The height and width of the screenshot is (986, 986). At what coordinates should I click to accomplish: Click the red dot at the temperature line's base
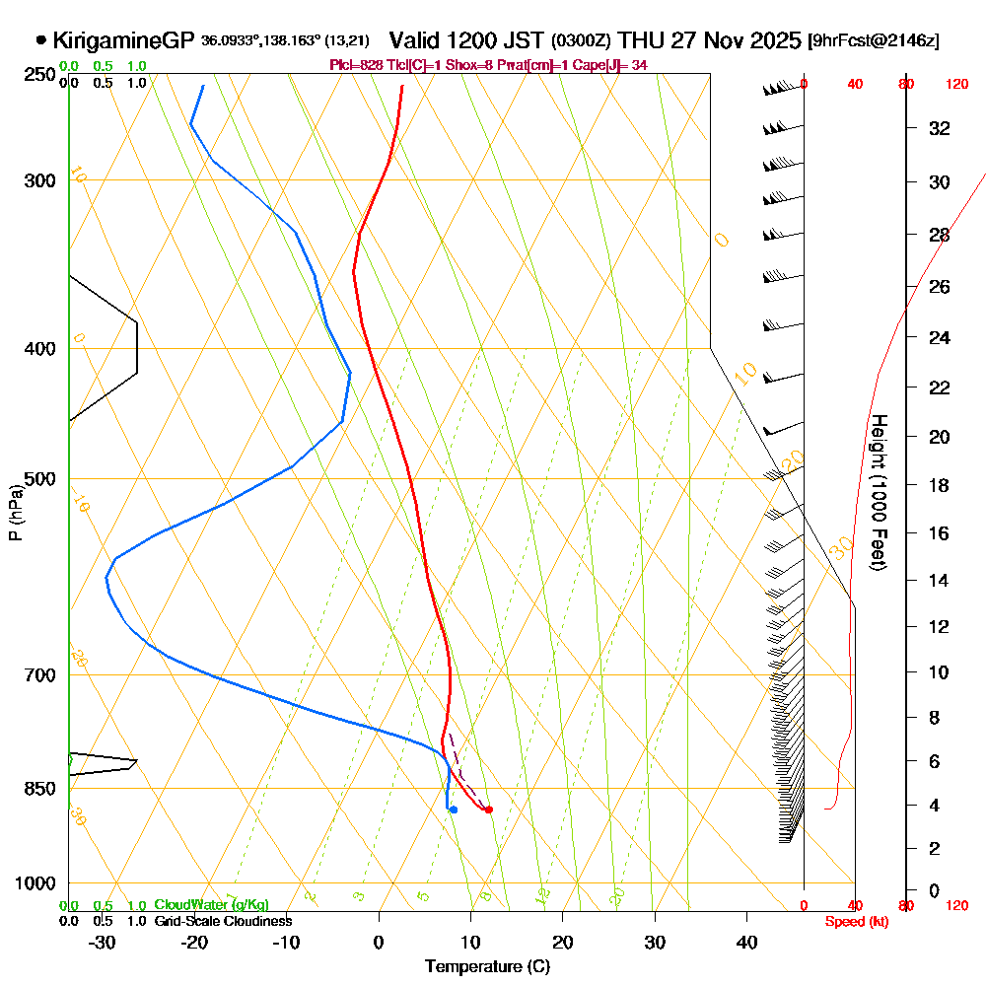[x=489, y=810]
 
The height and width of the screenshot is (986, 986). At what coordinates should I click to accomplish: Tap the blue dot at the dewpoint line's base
[x=453, y=810]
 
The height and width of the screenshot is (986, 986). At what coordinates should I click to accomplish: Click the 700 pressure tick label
[x=40, y=675]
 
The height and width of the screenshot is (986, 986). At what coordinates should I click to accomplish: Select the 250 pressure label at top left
[x=40, y=75]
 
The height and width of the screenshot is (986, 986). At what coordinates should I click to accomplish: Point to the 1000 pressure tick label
[x=36, y=883]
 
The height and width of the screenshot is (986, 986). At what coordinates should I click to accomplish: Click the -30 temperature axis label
[x=102, y=942]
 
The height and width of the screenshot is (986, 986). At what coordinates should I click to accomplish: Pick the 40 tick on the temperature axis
[x=746, y=942]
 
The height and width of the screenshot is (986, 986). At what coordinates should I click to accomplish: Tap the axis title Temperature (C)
[x=487, y=966]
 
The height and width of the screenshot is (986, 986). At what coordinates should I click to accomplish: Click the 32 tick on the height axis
[x=939, y=128]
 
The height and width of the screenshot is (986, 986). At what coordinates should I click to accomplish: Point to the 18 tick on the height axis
[x=939, y=485]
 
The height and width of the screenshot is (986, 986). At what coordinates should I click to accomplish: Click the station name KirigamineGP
[x=123, y=40]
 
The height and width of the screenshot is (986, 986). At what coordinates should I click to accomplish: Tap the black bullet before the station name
[x=40, y=40]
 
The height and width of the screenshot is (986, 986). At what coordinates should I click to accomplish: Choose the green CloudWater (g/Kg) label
[x=211, y=905]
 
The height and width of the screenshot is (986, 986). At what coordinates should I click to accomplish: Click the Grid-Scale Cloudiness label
[x=223, y=921]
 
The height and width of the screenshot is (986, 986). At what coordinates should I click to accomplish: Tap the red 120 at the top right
[x=956, y=84]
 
